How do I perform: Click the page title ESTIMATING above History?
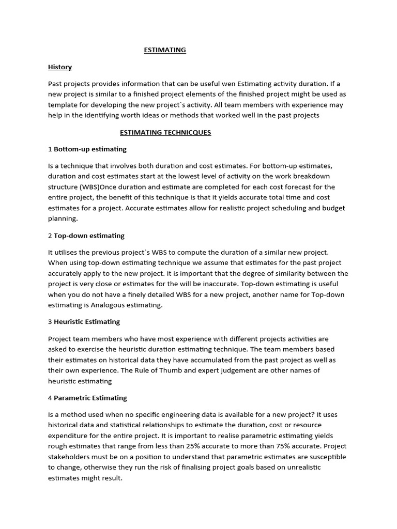click(x=164, y=50)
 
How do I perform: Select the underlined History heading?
click(x=60, y=67)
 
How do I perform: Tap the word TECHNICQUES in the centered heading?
click(x=187, y=132)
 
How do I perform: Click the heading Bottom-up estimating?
click(x=90, y=149)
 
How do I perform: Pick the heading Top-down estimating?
click(x=89, y=236)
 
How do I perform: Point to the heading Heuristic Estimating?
click(x=87, y=321)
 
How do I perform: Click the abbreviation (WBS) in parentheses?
click(x=90, y=186)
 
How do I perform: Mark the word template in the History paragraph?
click(x=62, y=104)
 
